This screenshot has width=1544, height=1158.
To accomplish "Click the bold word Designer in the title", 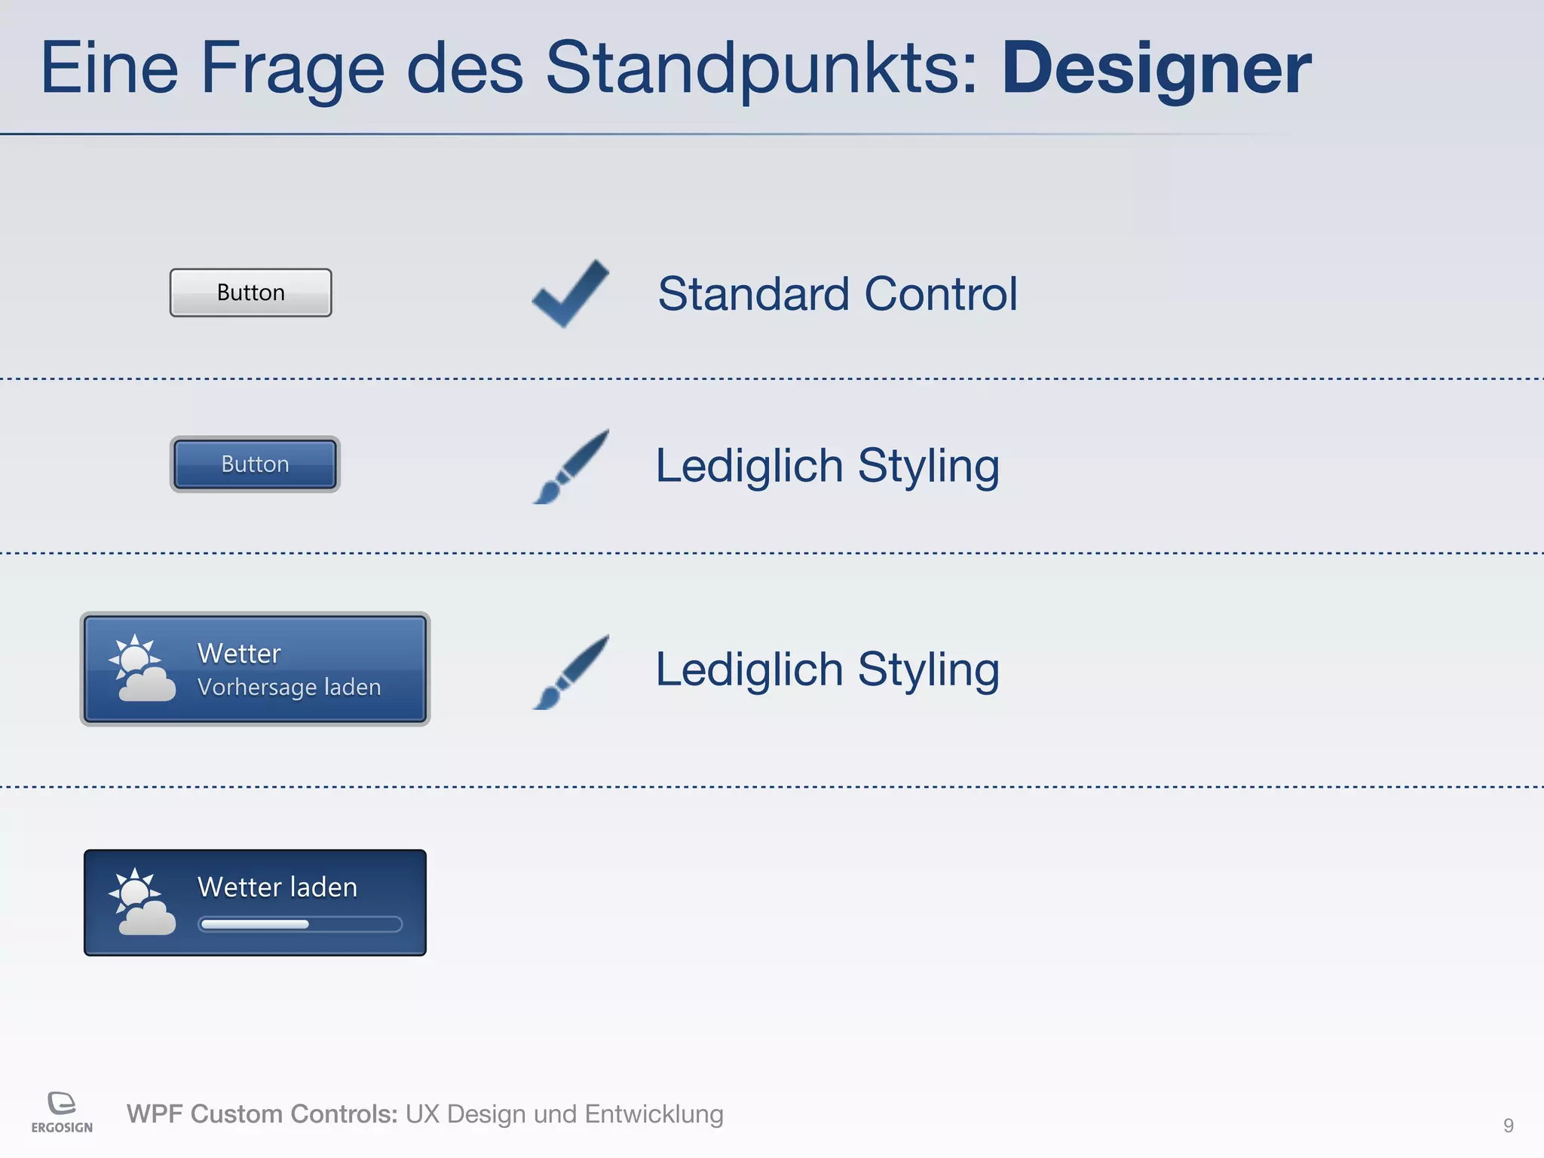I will (x=1156, y=69).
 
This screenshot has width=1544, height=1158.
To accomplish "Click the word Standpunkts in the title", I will (x=761, y=69).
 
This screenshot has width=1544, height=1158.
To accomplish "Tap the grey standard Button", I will (x=250, y=293).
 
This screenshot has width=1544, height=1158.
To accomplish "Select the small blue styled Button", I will (x=255, y=464).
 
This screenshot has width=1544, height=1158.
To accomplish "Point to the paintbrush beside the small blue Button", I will (x=571, y=467).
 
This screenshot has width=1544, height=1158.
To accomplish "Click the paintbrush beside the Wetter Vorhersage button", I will (x=571, y=672).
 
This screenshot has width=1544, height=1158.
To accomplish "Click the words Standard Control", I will (x=837, y=293).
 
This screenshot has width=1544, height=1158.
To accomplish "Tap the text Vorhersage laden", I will (x=289, y=687).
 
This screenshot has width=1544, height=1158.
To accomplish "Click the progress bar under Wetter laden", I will (x=299, y=924).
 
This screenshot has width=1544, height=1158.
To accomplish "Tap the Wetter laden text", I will (x=277, y=887).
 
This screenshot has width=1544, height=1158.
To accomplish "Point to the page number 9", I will (x=1508, y=1126).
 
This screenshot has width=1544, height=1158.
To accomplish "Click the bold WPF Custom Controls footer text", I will (x=262, y=1114).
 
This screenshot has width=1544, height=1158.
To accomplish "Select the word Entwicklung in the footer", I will (x=654, y=1114).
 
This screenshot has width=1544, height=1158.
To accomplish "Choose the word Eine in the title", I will (x=109, y=69).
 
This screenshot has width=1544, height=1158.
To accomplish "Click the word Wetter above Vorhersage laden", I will (x=239, y=653).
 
